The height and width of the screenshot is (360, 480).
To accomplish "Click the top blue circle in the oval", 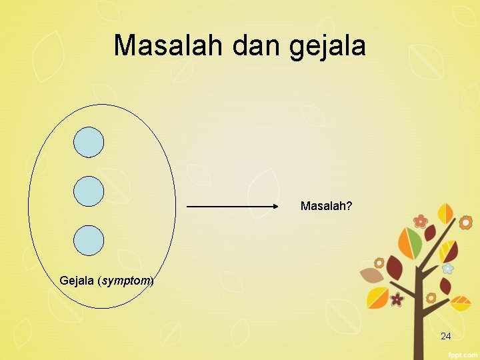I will pos(89,142).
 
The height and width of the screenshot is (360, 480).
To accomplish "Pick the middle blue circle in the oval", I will pos(89,191).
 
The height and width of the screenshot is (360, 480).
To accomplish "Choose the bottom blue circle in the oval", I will pos(89,241).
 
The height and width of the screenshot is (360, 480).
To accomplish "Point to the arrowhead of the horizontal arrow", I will pos(275,207).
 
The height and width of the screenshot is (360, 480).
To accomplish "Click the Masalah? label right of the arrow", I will pos(326,206).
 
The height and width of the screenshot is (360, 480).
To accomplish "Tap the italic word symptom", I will pos(125,281).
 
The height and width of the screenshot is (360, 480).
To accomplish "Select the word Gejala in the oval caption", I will pos(77,281).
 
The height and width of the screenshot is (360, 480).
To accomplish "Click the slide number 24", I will pos(445,337).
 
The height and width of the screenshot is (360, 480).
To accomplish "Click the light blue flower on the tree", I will pos(448,268).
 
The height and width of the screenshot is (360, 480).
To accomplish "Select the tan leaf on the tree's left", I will pos(370,275).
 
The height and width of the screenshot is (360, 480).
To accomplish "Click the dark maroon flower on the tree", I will pos(397,299).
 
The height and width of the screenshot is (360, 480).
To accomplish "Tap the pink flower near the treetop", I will pos(420,221).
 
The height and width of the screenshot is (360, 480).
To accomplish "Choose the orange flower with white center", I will pos(465,222).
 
